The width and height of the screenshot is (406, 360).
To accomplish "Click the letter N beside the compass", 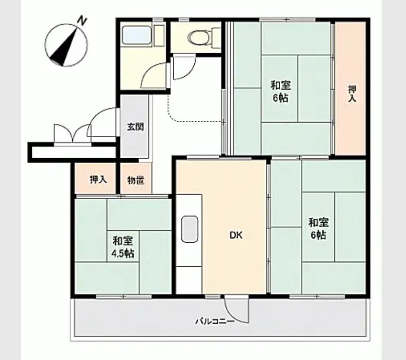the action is pyautogui.click(x=83, y=20).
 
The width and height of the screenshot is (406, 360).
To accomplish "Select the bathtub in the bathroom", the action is pyautogui.click(x=136, y=35).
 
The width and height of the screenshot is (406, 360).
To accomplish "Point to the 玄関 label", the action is pyautogui.click(x=135, y=127).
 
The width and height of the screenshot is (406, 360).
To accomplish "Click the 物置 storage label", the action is pyautogui.click(x=135, y=180).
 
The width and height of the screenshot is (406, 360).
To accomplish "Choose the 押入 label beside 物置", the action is pyautogui.click(x=98, y=179).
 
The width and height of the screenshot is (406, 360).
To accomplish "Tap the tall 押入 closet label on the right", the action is pyautogui.click(x=352, y=94).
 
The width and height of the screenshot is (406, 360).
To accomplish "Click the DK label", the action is pyautogui.click(x=236, y=235).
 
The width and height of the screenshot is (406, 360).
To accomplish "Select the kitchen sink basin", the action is pyautogui.click(x=189, y=229).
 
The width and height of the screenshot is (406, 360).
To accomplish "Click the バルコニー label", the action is pyautogui.click(x=215, y=322).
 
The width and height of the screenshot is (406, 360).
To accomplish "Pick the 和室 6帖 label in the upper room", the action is pyautogui.click(x=281, y=92).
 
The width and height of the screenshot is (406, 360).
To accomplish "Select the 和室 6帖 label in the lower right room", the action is pyautogui.click(x=318, y=228).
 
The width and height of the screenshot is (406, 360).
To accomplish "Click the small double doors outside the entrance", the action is pyautogui.click(x=72, y=133).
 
